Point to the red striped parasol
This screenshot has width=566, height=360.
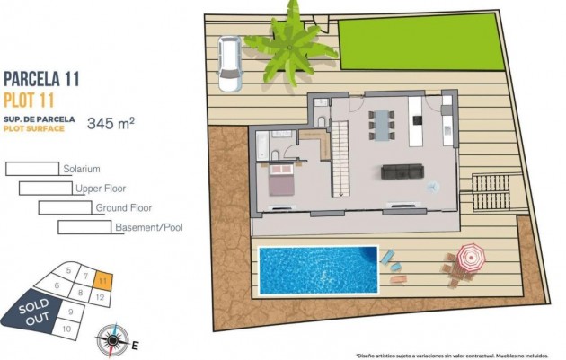click(x=469, y=259)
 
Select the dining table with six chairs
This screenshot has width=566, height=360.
click(x=385, y=123)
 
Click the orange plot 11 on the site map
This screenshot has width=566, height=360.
click(x=103, y=280)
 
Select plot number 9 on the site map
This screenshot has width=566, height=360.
click(x=70, y=312)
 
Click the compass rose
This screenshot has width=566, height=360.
click(x=112, y=339)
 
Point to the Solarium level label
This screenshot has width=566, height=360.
click(x=81, y=169)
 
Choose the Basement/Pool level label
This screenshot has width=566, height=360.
click(x=148, y=227)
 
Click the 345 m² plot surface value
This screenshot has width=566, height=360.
click(x=110, y=124)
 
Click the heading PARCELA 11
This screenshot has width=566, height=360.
click(x=42, y=79)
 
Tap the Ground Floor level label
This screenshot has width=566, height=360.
click(x=123, y=208)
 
